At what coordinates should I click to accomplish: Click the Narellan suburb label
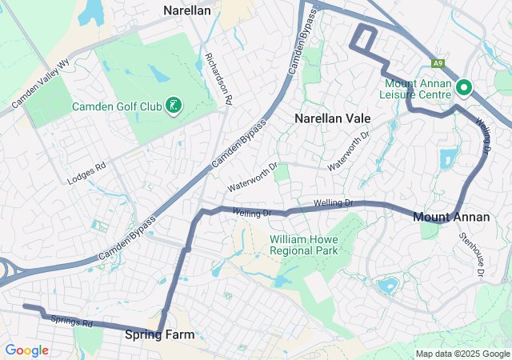tap(187, 10)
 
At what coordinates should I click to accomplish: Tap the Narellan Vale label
tap(333, 118)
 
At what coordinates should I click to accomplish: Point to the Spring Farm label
tap(159, 335)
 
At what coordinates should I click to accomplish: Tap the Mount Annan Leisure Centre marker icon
tap(464, 88)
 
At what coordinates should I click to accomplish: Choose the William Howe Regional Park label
tap(304, 245)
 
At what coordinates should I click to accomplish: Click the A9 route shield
tap(438, 63)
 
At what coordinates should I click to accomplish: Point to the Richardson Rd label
tap(218, 80)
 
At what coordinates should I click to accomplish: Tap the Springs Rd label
tap(72, 322)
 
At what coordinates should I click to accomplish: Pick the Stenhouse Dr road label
tap(472, 254)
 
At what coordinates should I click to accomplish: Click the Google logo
tap(27, 350)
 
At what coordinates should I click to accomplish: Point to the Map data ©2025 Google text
tap(462, 354)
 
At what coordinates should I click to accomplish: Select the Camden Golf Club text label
tap(118, 106)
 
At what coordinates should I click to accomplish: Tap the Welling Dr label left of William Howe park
tap(253, 213)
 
